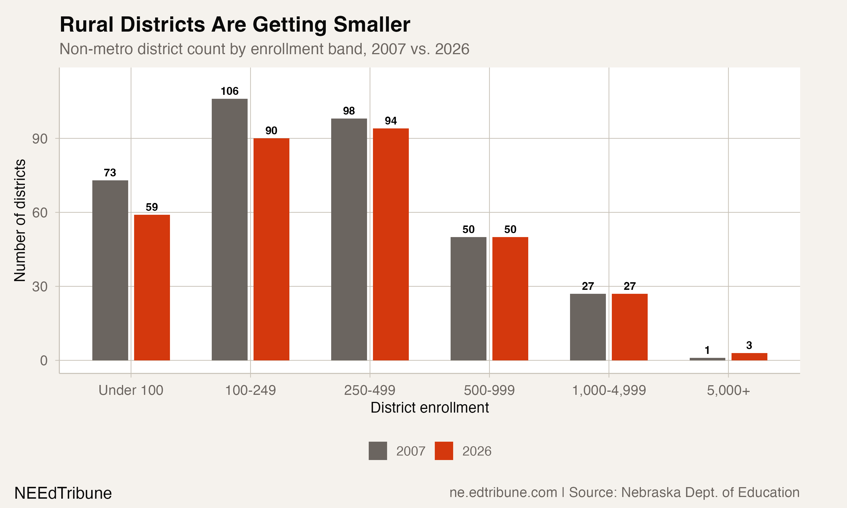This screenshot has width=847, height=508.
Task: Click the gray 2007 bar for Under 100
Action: pyautogui.click(x=110, y=270)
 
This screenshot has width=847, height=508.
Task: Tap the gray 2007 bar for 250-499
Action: pyautogui.click(x=349, y=239)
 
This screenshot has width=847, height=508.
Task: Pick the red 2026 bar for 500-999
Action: pyautogui.click(x=510, y=299)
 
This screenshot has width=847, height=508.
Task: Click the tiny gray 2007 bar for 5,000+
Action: pyautogui.click(x=707, y=359)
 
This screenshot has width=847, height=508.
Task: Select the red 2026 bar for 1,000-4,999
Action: pyautogui.click(x=630, y=327)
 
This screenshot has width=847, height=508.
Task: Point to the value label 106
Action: pyautogui.click(x=229, y=91)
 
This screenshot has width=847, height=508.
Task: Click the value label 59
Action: pyautogui.click(x=152, y=207)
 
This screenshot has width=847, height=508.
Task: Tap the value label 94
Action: pyautogui.click(x=391, y=121)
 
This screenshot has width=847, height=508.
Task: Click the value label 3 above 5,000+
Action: pyautogui.click(x=749, y=345)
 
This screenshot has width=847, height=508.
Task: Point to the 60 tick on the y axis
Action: pyautogui.click(x=40, y=213)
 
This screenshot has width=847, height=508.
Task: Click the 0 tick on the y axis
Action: pyautogui.click(x=43, y=360)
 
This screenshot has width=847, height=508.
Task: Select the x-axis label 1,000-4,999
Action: pyautogui.click(x=609, y=390)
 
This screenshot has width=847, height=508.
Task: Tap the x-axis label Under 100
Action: pyautogui.click(x=131, y=390)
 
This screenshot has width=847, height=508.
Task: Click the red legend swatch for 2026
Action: pyautogui.click(x=444, y=451)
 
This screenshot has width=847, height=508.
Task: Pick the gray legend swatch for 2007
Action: pyautogui.click(x=378, y=451)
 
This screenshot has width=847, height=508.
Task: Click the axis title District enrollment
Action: pyautogui.click(x=429, y=408)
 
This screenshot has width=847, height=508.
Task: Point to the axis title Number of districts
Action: pyautogui.click(x=20, y=220)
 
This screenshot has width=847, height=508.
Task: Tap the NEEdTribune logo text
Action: pyautogui.click(x=63, y=493)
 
